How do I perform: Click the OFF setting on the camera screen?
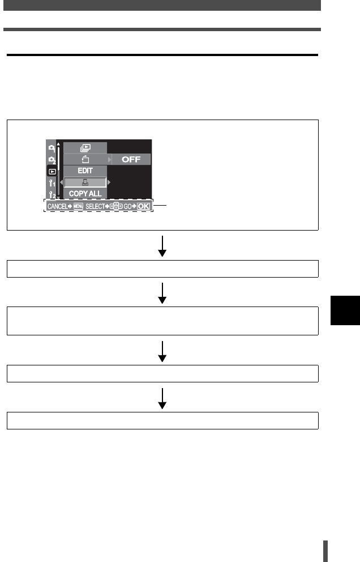tap(131, 159)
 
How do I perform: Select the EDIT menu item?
tap(85, 171)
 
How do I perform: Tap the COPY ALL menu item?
tap(85, 194)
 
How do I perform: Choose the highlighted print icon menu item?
tap(85, 182)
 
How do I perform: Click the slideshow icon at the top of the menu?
tap(85, 148)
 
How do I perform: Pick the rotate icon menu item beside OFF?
tap(85, 159)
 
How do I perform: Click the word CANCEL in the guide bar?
tap(57, 206)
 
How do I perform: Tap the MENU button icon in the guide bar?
tap(78, 206)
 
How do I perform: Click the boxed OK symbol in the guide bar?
tap(144, 206)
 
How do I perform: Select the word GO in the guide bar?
tap(127, 206)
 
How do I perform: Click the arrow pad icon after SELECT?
tap(117, 206)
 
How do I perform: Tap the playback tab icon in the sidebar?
tap(52, 171)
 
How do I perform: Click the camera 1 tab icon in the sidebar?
tap(52, 148)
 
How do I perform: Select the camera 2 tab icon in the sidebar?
tap(52, 160)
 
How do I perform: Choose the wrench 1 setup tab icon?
tap(52, 183)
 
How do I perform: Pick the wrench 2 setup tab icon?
tap(52, 195)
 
